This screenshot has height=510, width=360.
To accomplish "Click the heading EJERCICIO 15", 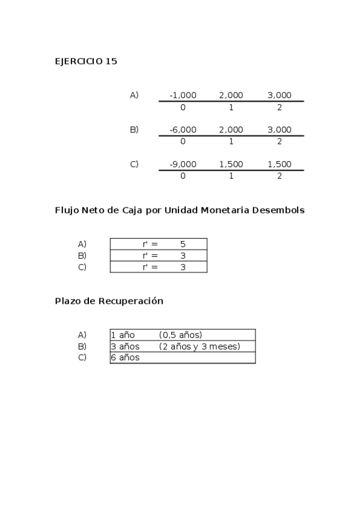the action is [x=86, y=61].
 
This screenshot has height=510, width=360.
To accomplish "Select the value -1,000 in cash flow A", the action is [x=183, y=95].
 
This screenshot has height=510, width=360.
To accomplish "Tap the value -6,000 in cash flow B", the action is [x=183, y=130].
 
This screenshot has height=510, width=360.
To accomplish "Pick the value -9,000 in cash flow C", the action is [x=183, y=164].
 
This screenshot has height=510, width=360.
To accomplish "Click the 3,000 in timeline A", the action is [x=279, y=95].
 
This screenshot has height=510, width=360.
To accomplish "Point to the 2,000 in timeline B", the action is [x=231, y=130].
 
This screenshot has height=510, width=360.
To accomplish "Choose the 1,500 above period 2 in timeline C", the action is [x=279, y=164].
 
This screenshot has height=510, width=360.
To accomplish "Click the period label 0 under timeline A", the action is [x=183, y=108].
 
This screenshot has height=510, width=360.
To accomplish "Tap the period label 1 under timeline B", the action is [x=231, y=142].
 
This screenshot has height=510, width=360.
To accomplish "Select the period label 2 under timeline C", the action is [x=279, y=176].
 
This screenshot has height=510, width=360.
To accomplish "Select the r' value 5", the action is [x=183, y=244].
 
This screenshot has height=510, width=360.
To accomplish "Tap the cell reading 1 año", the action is [x=123, y=335].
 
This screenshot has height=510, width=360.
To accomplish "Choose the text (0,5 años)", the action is [x=180, y=335].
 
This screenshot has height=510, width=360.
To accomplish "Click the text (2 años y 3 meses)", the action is [x=200, y=346].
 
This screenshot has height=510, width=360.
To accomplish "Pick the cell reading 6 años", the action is [x=125, y=358].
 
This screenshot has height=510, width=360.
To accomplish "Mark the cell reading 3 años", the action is [x=125, y=346].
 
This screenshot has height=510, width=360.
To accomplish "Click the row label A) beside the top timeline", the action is [x=134, y=95].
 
